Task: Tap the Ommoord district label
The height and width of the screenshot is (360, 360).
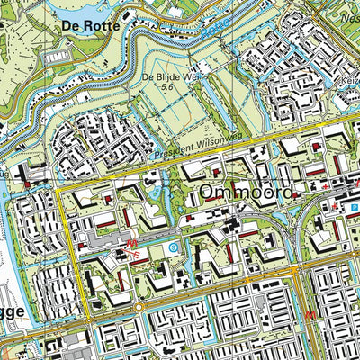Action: (x=246, y=193)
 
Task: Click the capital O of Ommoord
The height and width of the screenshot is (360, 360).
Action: (x=208, y=193)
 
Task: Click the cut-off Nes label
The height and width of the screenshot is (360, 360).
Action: (x=350, y=41)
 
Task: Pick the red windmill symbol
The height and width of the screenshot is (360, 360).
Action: (x=138, y=254)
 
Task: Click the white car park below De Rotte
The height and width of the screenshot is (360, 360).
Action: (x=55, y=57)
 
